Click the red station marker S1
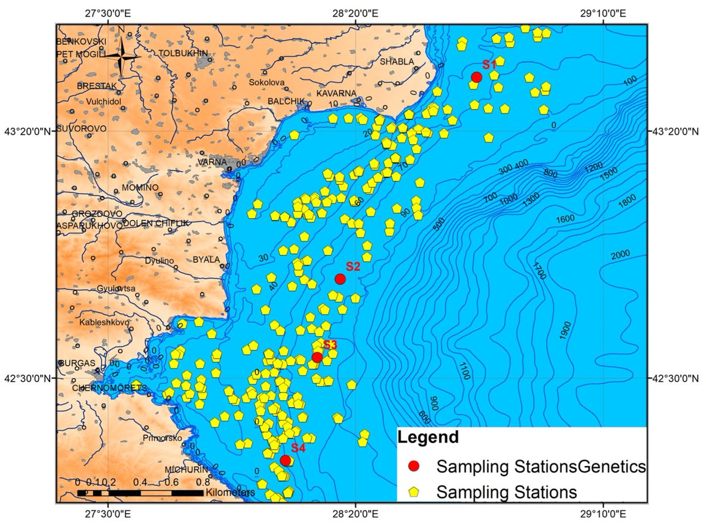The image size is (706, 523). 477,77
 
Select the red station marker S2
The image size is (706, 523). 339,279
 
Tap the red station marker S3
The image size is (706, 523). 317,357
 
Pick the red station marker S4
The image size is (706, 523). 285,460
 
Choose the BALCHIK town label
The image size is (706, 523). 286,101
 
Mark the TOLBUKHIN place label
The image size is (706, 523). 184,53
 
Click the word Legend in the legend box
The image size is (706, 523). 427,438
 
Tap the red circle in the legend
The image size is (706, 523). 415,467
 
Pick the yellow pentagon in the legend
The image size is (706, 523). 415,491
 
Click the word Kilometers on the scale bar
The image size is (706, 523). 230,492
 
